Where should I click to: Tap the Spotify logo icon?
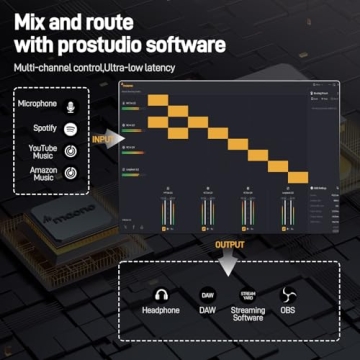[70, 129]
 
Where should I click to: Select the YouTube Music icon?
[70, 153]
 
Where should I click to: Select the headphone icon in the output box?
[161, 296]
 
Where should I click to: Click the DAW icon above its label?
[207, 296]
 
